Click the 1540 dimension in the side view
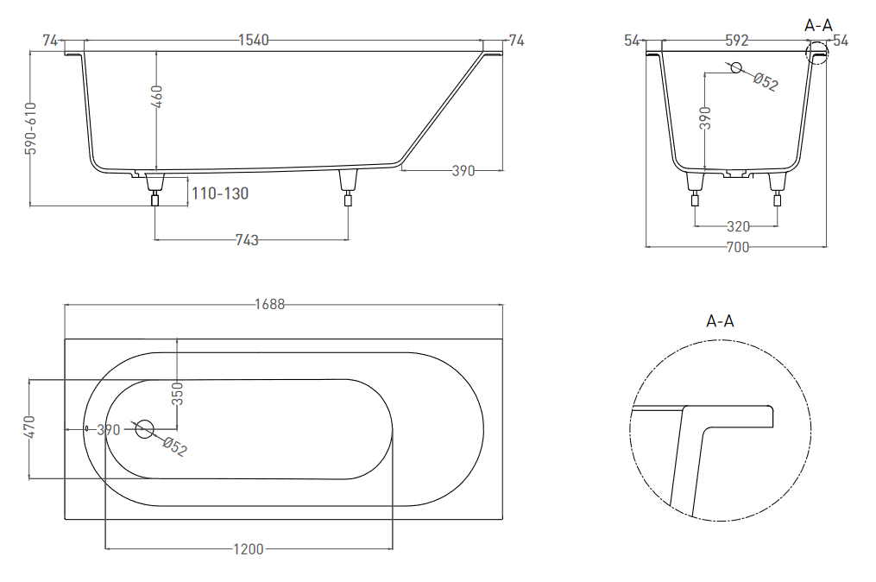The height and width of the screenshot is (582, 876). (254, 41)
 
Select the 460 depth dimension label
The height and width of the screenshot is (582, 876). (157, 97)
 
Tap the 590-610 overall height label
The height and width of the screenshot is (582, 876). (31, 128)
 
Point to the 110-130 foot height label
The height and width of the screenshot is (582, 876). (220, 193)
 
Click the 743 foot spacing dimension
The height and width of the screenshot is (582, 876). (247, 240)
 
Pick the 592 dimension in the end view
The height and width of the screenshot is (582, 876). (737, 41)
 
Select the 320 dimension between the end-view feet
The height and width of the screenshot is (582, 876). (738, 226)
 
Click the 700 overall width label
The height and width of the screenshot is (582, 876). (737, 247)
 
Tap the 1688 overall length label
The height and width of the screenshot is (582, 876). (270, 304)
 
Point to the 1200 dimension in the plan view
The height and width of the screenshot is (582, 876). (249, 549)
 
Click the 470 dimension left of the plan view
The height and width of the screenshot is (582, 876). (30, 427)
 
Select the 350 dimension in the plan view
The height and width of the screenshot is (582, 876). (178, 394)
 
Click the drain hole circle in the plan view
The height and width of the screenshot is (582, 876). (145, 429)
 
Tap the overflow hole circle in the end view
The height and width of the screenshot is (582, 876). (736, 67)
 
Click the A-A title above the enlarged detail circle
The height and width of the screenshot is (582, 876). (720, 321)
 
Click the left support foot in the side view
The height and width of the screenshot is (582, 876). (155, 189)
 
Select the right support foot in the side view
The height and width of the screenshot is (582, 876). (348, 187)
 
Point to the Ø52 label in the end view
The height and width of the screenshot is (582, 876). (766, 82)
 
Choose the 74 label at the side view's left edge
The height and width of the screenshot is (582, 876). (50, 41)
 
